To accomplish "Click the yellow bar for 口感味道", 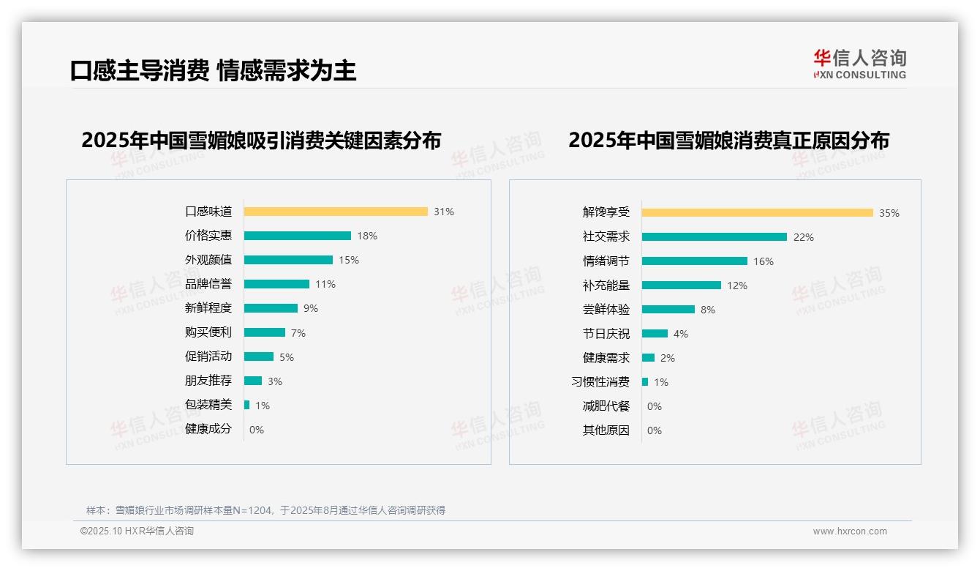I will pos(336,212).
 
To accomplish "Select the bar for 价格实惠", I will pos(298,236).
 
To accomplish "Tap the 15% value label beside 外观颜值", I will pos(348,260).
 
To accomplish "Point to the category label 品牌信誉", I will pos(208,284).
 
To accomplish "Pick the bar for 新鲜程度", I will pos(271,308).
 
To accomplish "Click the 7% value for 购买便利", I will pos(298,333).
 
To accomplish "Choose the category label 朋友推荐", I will pos(208,381).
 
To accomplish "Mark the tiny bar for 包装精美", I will pos(247,405).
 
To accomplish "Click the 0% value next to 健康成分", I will pos(257,430).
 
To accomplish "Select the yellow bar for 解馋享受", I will pos(758,213).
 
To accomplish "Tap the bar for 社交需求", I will pos(715,237).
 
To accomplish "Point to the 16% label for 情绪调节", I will pos(763,261).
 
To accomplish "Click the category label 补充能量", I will pos(606,285).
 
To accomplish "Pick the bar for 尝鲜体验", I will pos(668,310).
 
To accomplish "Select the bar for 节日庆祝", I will pos(655,334).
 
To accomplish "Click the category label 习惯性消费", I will pos(600,382).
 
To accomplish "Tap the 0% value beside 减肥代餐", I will pos(655,406).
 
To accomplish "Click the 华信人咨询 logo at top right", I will pos(859,64).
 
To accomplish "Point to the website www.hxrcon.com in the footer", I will pos(850,531).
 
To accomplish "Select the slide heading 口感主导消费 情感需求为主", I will pos(213,71).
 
